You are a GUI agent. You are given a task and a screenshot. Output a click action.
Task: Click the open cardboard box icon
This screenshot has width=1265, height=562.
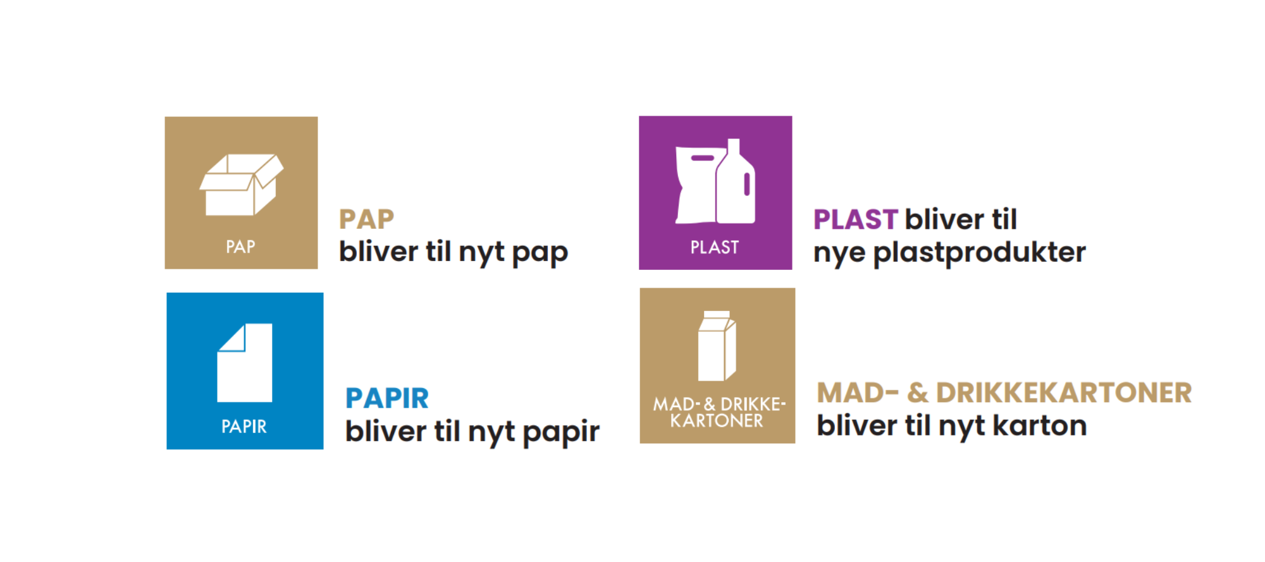(241, 185)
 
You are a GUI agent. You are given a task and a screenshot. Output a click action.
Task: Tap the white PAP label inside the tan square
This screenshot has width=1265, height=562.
(240, 247)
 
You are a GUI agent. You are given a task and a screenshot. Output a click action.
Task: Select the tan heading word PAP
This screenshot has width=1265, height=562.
(366, 219)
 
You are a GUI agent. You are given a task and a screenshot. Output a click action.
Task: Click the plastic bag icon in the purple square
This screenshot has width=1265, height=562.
(696, 185)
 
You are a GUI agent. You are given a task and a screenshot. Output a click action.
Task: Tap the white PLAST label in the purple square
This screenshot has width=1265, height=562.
(715, 247)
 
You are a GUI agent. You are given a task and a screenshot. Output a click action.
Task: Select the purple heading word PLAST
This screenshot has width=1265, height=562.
(855, 219)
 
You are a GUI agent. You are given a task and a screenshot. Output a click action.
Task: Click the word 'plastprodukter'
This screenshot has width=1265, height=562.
(979, 253)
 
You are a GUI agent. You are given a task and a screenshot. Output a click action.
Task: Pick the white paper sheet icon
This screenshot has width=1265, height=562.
(245, 363)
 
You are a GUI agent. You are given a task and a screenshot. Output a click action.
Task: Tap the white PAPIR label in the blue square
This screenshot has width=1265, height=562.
(244, 427)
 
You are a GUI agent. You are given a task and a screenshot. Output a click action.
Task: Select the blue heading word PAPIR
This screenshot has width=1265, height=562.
(387, 398)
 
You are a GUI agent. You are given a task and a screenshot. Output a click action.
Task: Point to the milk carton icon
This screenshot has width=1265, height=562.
(717, 346)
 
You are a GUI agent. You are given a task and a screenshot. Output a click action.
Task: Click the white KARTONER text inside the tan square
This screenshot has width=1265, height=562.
(717, 421)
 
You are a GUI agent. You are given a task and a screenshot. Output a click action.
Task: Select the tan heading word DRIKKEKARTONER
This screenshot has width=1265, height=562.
(1064, 393)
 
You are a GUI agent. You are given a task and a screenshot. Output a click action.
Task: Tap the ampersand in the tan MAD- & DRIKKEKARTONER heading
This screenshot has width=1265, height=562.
(917, 393)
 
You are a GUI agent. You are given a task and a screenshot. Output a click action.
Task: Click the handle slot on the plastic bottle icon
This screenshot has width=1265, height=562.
(747, 184)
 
